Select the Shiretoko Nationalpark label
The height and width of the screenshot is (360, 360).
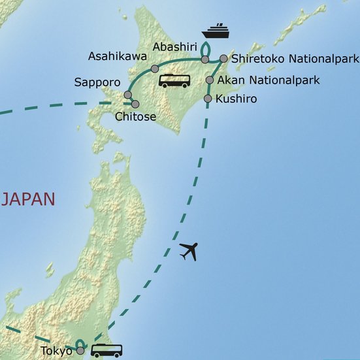pyautogui.click(x=295, y=59)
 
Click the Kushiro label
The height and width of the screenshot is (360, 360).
pyautogui.click(x=237, y=99)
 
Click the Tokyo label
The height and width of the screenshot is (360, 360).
pyautogui.click(x=56, y=351)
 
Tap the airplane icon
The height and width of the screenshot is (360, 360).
pyautogui.click(x=188, y=250)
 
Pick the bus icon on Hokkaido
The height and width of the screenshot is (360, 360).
pyautogui.click(x=174, y=80)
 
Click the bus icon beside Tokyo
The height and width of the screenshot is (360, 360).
pyautogui.click(x=106, y=350)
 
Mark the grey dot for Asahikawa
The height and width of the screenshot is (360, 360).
pyautogui.click(x=155, y=69)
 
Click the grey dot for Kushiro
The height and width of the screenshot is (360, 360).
pyautogui.click(x=208, y=99)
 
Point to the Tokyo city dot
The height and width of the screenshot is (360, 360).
pyautogui.click(x=80, y=351)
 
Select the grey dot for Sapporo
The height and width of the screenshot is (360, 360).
pyautogui.click(x=127, y=95)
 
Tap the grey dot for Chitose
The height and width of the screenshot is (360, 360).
pyautogui.click(x=135, y=104)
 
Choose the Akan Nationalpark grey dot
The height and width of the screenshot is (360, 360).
pyautogui.click(x=209, y=80)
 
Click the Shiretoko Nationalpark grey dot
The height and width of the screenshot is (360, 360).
pyautogui.click(x=223, y=59)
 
